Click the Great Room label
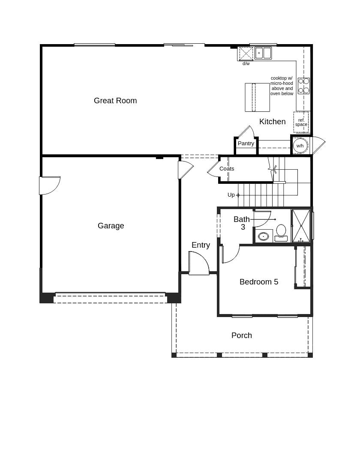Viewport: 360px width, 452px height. (x=115, y=101)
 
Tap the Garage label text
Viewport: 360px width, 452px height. (x=111, y=226)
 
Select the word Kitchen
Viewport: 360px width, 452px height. (x=272, y=122)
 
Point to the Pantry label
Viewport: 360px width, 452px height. (x=246, y=144)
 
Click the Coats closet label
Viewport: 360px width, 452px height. (x=227, y=169)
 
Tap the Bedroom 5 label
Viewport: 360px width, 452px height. (x=258, y=282)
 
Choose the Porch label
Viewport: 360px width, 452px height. (x=241, y=335)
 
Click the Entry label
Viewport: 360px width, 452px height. (x=201, y=245)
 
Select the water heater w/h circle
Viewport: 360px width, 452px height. (x=300, y=146)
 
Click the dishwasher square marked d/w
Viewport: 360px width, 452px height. (x=246, y=54)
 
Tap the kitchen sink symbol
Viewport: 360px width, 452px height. (x=263, y=53)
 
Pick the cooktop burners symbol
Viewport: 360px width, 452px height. (x=303, y=86)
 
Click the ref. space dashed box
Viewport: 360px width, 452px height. (x=301, y=122)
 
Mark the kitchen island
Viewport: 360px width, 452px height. (x=257, y=97)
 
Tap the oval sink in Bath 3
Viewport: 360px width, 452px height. (x=263, y=236)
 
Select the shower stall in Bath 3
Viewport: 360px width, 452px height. (x=301, y=226)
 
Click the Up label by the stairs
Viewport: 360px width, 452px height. (x=231, y=195)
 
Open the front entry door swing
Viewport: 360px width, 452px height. (x=198, y=263)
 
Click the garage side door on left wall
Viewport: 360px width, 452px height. (x=49, y=185)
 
